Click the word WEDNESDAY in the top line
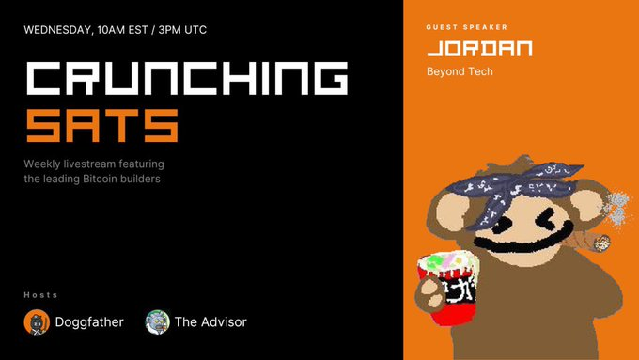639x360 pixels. [58, 30]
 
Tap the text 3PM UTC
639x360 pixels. [182, 30]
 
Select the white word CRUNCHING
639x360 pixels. [187, 78]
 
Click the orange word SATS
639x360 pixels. [102, 126]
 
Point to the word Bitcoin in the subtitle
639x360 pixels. [100, 179]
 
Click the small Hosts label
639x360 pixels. [40, 295]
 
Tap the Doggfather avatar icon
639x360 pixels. [37, 322]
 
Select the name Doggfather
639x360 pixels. [89, 322]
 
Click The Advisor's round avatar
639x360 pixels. [157, 322]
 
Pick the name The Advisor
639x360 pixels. [210, 322]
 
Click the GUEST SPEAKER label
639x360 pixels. [467, 27]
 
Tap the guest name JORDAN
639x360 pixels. [479, 49]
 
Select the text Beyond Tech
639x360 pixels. [460, 71]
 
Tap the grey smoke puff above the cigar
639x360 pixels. [617, 207]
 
